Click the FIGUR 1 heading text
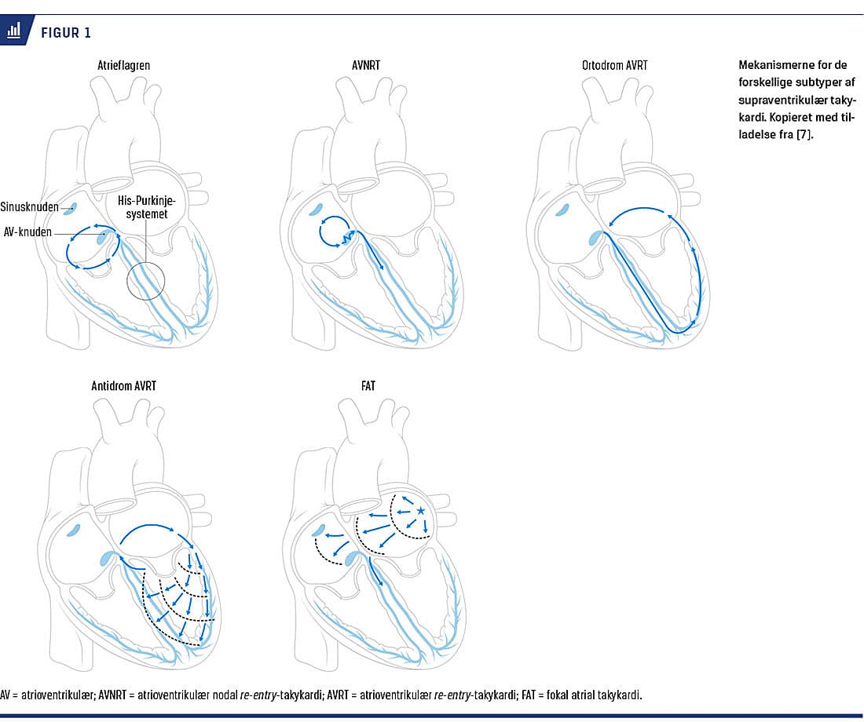[65, 32]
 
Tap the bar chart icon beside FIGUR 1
[14, 31]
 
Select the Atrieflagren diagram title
[119, 65]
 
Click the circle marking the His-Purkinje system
[146, 279]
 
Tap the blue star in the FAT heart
[420, 511]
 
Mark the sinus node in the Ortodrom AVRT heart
[562, 209]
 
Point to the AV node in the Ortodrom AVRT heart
[595, 236]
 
